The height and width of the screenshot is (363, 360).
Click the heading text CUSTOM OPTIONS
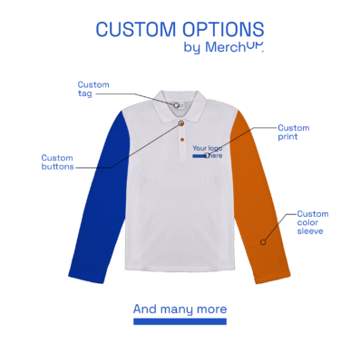[180, 29]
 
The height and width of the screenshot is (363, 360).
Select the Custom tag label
[92, 89]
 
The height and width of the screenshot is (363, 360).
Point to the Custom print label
[293, 132]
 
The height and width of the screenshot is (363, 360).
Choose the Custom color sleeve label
[313, 222]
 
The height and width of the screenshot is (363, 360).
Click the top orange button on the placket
[181, 123]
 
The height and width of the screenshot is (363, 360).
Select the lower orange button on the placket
[181, 141]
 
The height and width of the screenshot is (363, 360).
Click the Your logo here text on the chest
[207, 150]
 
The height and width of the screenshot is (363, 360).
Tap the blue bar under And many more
[180, 321]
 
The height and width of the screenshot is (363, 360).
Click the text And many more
[180, 309]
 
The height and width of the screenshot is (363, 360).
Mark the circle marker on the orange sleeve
[263, 241]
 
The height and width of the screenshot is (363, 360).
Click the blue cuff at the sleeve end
[82, 270]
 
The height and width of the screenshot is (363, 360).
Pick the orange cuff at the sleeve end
[277, 270]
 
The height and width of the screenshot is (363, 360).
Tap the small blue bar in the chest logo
[199, 156]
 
